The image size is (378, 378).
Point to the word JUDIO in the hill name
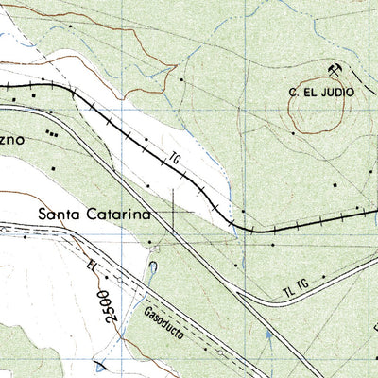tap(335, 93)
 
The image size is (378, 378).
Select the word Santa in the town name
tap(59, 215)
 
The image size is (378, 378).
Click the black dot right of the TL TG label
tap(322, 277)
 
